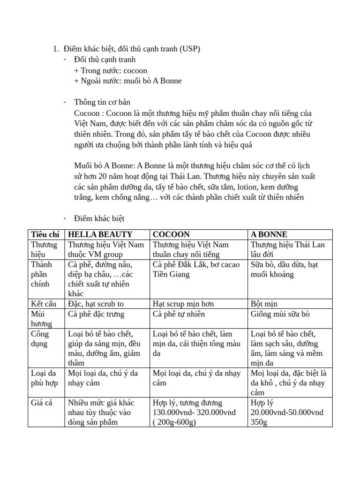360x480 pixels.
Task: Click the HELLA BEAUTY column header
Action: click(x=100, y=234)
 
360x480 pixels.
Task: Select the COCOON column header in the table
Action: click(x=171, y=234)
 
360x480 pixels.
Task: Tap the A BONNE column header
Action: click(x=269, y=234)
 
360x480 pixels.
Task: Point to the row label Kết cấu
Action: click(x=44, y=304)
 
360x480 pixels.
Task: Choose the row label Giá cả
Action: click(x=42, y=403)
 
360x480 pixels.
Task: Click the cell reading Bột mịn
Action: click(x=264, y=304)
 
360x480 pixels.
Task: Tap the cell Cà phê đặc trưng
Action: click(x=96, y=314)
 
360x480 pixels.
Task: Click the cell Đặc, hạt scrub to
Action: click(x=96, y=304)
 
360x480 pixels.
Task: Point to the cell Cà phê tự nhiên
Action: click(x=179, y=314)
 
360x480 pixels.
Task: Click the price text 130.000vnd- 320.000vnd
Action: click(x=194, y=412)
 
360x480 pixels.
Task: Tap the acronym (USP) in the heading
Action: click(x=190, y=49)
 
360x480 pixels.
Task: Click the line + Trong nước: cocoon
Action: click(x=111, y=70)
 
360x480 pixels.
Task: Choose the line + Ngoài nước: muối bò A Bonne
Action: click(x=127, y=81)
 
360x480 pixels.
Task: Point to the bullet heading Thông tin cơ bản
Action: click(x=102, y=102)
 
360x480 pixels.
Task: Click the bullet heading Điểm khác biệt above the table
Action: click(x=99, y=218)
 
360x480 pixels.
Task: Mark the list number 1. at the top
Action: click(x=55, y=49)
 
